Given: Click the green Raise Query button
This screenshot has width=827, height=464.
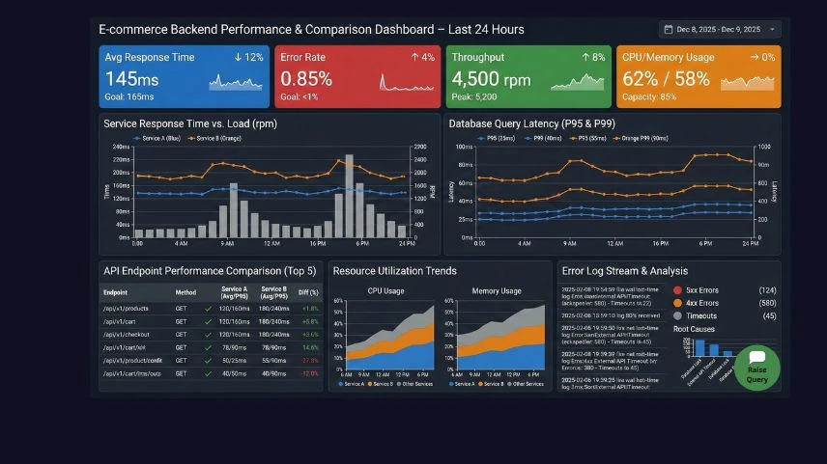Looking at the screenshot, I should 756,368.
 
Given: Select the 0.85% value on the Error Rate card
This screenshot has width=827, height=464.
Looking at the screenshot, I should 306,79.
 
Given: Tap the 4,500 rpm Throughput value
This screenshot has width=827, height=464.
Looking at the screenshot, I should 491,79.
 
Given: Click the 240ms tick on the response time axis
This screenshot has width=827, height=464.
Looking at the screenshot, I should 122,148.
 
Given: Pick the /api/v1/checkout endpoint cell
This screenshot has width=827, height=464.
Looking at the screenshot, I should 128,334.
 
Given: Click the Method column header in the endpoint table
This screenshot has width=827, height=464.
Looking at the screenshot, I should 185,292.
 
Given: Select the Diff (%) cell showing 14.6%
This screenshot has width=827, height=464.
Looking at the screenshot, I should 309,346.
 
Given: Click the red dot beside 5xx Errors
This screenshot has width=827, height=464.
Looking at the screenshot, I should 677,290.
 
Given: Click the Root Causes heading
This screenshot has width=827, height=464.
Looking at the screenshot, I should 696,329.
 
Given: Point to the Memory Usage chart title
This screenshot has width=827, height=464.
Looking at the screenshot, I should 497,290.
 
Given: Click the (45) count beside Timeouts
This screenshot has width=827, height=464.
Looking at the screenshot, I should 769,315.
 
